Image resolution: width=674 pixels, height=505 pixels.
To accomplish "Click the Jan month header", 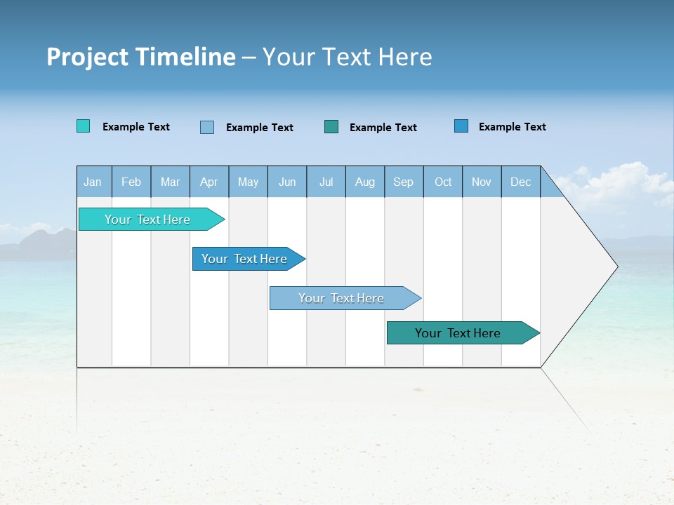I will (x=93, y=182).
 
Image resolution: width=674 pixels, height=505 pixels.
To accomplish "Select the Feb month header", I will (x=131, y=182).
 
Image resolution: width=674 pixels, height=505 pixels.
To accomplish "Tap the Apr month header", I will (x=209, y=182).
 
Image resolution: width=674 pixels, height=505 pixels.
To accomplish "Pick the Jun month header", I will (x=287, y=182).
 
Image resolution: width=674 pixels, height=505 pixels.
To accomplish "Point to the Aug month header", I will (x=365, y=182).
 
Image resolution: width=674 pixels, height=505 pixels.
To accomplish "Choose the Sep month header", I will (x=404, y=182).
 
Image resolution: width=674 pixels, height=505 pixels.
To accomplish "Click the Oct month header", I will (x=443, y=182).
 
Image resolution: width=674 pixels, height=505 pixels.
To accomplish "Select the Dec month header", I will (x=521, y=182).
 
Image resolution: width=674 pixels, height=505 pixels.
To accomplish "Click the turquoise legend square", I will (x=83, y=126).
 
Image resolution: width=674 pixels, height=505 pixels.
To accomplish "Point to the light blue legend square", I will (x=207, y=127).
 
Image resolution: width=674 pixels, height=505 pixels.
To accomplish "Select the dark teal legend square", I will (x=331, y=126).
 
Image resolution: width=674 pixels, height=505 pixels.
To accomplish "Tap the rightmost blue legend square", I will (x=461, y=126).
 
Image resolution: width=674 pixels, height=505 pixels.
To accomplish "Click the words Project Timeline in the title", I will (x=140, y=57).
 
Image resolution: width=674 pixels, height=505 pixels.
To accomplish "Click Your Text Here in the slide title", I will (x=347, y=57).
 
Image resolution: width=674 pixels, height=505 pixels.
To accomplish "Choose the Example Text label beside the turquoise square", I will (x=136, y=127).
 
